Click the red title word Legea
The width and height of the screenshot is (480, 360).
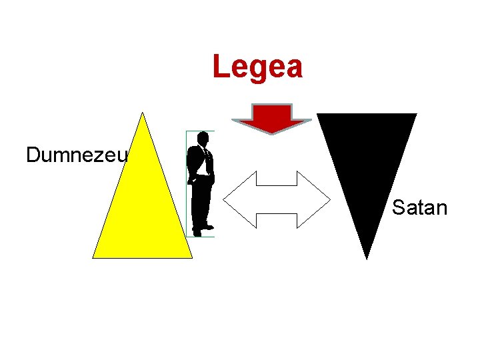(257, 67)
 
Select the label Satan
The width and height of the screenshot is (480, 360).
(419, 207)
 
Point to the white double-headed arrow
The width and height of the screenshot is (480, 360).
(276, 199)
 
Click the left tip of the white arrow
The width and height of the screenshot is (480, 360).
(225, 199)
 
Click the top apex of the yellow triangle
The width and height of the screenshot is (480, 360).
(142, 114)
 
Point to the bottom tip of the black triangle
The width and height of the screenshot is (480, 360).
(366, 257)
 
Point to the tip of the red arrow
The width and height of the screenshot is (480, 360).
(271, 133)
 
